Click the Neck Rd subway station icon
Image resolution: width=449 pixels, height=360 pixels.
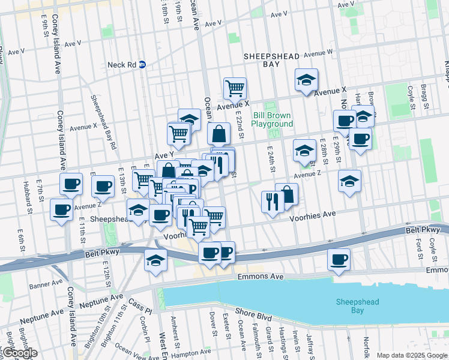click(143, 64)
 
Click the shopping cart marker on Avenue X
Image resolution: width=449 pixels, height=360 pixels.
click(235, 88)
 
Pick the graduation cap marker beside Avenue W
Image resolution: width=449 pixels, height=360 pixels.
click(306, 80)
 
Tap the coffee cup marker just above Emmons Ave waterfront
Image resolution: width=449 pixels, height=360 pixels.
click(339, 260)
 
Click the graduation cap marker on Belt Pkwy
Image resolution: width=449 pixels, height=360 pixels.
click(155, 260)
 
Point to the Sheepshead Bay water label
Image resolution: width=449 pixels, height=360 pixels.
click(357, 306)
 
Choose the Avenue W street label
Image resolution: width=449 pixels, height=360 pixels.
click(318, 53)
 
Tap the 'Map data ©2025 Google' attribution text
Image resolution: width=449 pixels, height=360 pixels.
click(411, 355)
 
